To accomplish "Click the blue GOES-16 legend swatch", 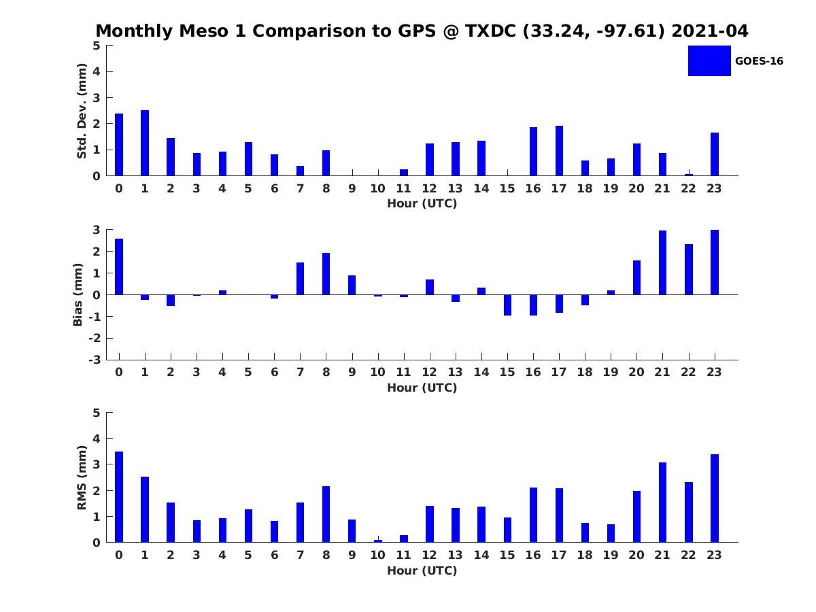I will click(x=709, y=61).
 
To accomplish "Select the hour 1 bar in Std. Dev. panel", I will click(x=145, y=143).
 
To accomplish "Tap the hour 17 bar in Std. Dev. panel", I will click(x=559, y=151).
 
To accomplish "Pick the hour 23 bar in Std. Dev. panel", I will click(x=715, y=154).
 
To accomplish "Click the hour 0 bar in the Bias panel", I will click(x=119, y=267).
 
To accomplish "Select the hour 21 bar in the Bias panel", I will click(x=662, y=262).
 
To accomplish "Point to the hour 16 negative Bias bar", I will click(x=533, y=305).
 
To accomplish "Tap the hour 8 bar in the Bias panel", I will click(x=326, y=274).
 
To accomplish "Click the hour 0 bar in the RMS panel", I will click(x=119, y=497).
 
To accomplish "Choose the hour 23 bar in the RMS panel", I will click(x=715, y=498).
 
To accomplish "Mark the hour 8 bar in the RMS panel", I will click(x=326, y=514).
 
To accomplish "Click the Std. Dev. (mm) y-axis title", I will click(x=82, y=111).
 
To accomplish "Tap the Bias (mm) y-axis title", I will click(x=78, y=294).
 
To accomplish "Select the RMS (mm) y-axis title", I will click(x=82, y=478).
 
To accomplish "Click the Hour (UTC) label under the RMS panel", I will click(x=422, y=571).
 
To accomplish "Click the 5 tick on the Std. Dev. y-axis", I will click(x=97, y=46).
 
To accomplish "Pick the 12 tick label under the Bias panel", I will click(x=430, y=371).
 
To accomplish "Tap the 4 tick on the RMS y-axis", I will click(x=97, y=439).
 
